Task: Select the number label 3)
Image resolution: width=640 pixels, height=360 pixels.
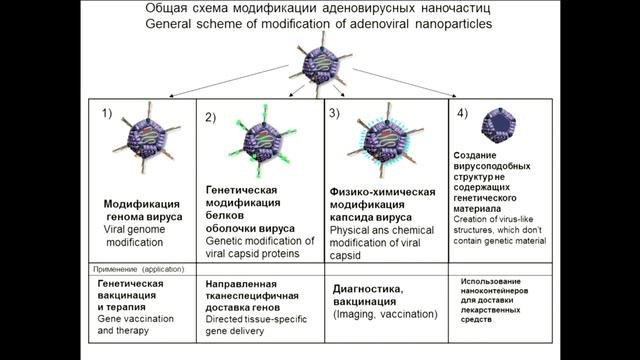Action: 335,113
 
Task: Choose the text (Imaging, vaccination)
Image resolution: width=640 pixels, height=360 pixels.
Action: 385,314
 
